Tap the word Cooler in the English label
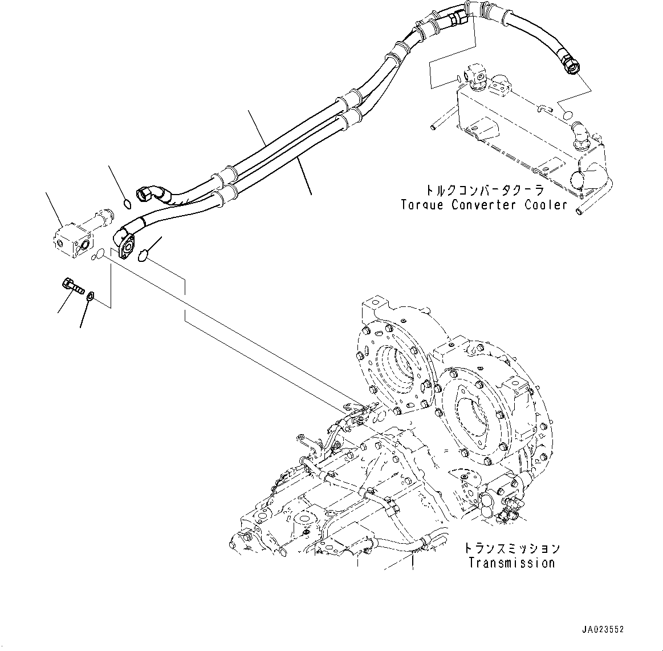tap(546, 205)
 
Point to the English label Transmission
tap(511, 563)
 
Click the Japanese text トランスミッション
tap(511, 549)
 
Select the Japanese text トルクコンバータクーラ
tap(484, 191)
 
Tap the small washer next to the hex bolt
tap(90, 296)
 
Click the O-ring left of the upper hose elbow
tap(128, 203)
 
